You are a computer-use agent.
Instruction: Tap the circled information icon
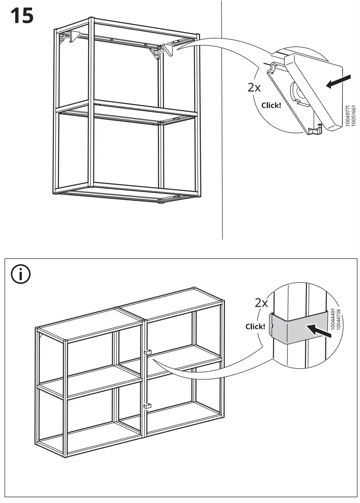pos(21,275)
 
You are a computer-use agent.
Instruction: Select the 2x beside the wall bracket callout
pos(254,88)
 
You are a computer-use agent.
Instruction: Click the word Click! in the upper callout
pos(271,105)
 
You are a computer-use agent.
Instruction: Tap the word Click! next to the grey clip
pos(255,326)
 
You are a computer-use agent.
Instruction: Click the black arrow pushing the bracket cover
pos(339,81)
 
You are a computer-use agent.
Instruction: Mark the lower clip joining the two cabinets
pos(146,406)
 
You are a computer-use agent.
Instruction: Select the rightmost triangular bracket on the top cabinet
pos(168,50)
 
